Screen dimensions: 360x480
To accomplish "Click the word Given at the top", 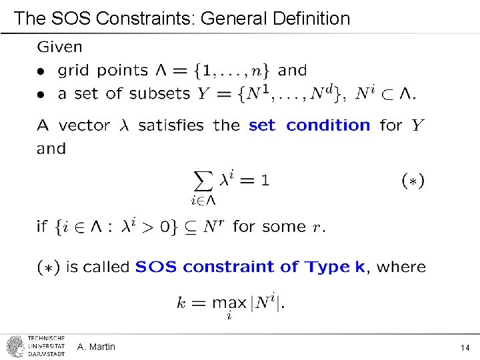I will pyautogui.click(x=60, y=47).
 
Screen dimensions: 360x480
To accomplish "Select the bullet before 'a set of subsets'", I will pyautogui.click(x=41, y=95).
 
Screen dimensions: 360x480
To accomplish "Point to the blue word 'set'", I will pyautogui.click(x=262, y=125).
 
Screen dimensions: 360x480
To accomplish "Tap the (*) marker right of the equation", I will pyautogui.click(x=413, y=180).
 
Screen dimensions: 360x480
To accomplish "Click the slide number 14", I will pyautogui.click(x=465, y=347).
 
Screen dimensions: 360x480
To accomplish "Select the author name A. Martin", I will pyautogui.click(x=96, y=347).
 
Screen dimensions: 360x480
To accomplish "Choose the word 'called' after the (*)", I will pyautogui.click(x=105, y=267).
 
